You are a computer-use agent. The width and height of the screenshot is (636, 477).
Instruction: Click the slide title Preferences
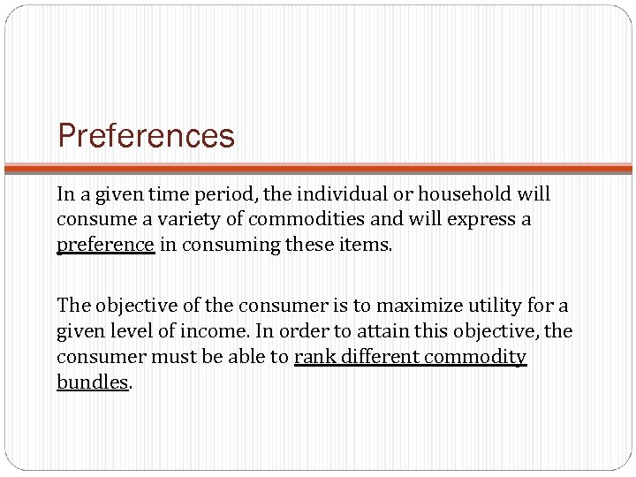coord(146,137)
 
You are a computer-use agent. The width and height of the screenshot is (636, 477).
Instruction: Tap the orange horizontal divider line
coord(318,167)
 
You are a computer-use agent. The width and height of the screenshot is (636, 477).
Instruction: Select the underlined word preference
coord(106,245)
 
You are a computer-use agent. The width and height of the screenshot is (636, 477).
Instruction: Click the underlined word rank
coord(313,357)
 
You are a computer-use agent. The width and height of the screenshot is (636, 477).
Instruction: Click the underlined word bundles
coord(93,382)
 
